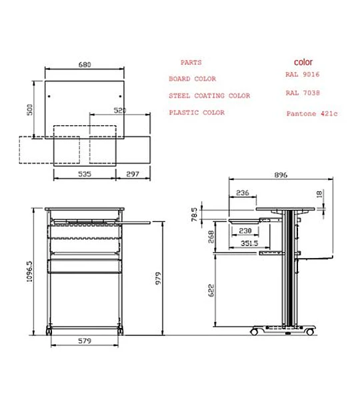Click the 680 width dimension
pyautogui.click(x=85, y=65)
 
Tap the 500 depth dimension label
pyautogui.click(x=30, y=110)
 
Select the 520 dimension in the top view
pyautogui.click(x=119, y=111)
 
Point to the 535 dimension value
pyautogui.click(x=85, y=174)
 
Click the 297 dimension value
pyautogui.click(x=133, y=174)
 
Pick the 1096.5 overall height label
pyautogui.click(x=29, y=271)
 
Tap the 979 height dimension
pyautogui.click(x=158, y=278)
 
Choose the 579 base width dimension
pyautogui.click(x=85, y=341)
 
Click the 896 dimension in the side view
pyautogui.click(x=281, y=175)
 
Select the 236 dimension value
pyautogui.click(x=243, y=193)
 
